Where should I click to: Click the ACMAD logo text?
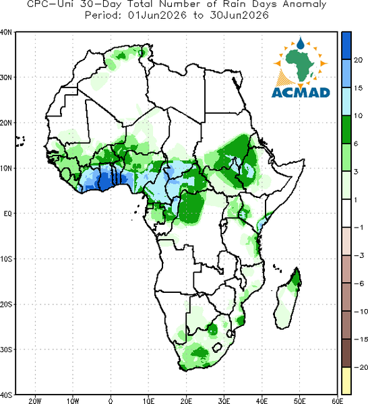[x=301, y=93]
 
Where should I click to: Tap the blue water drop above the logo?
[x=300, y=43]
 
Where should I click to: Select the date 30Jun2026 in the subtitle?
[x=239, y=15]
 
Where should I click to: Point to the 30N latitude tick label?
[x=6, y=77]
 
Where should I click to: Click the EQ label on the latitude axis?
[x=7, y=213]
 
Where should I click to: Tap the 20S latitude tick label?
[x=6, y=304]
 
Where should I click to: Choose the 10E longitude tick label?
[x=148, y=401]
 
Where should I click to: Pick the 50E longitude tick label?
[x=299, y=401]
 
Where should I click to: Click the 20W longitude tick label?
[x=35, y=401]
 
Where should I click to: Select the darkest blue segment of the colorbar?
[x=346, y=46]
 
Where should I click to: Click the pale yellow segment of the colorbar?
[x=346, y=380]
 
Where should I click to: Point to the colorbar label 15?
[x=358, y=88]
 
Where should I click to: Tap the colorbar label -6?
[x=359, y=283]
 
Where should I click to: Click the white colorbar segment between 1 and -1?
[x=346, y=213]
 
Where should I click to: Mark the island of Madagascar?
[x=288, y=298]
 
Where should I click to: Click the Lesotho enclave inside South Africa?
[x=217, y=347]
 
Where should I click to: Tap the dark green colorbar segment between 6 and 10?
[x=346, y=129]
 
